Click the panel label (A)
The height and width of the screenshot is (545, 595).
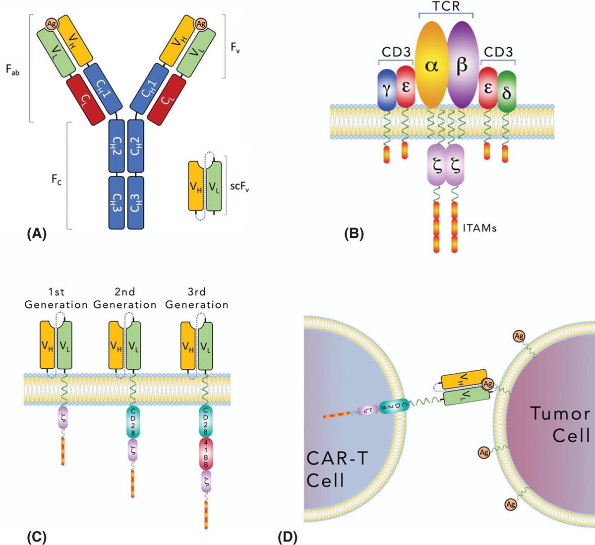(x=37, y=234)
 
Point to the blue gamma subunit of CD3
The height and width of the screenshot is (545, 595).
(x=387, y=87)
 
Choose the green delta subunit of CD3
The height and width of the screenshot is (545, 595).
(x=507, y=90)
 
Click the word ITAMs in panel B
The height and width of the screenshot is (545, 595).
(x=481, y=228)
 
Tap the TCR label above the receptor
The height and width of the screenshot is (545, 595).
(x=446, y=7)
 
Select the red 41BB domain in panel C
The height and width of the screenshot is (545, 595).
(x=206, y=453)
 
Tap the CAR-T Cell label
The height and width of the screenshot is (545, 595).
(x=337, y=469)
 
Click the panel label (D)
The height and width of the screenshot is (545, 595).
(x=288, y=537)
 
